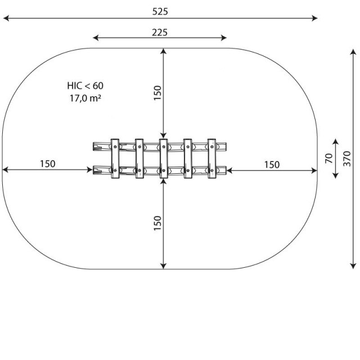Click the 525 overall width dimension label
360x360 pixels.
point(160,11)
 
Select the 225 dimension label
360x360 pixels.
point(160,33)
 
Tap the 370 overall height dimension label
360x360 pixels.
point(347,159)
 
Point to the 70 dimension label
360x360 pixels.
point(328,159)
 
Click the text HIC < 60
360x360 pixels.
point(85,85)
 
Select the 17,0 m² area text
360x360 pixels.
point(85,98)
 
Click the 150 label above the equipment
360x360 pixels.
point(157,93)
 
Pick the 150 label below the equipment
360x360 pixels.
point(157,223)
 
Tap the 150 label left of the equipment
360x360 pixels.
point(47,164)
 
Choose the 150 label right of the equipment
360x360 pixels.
point(272,165)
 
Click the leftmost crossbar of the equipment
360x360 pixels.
point(115,159)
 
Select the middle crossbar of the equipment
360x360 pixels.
point(163,159)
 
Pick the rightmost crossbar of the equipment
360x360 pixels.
point(211,159)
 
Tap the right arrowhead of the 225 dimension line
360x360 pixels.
point(224,38)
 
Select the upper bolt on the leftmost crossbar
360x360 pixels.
point(115,146)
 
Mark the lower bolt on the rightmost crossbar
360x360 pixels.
point(212,170)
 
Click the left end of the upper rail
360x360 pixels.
point(93,146)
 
